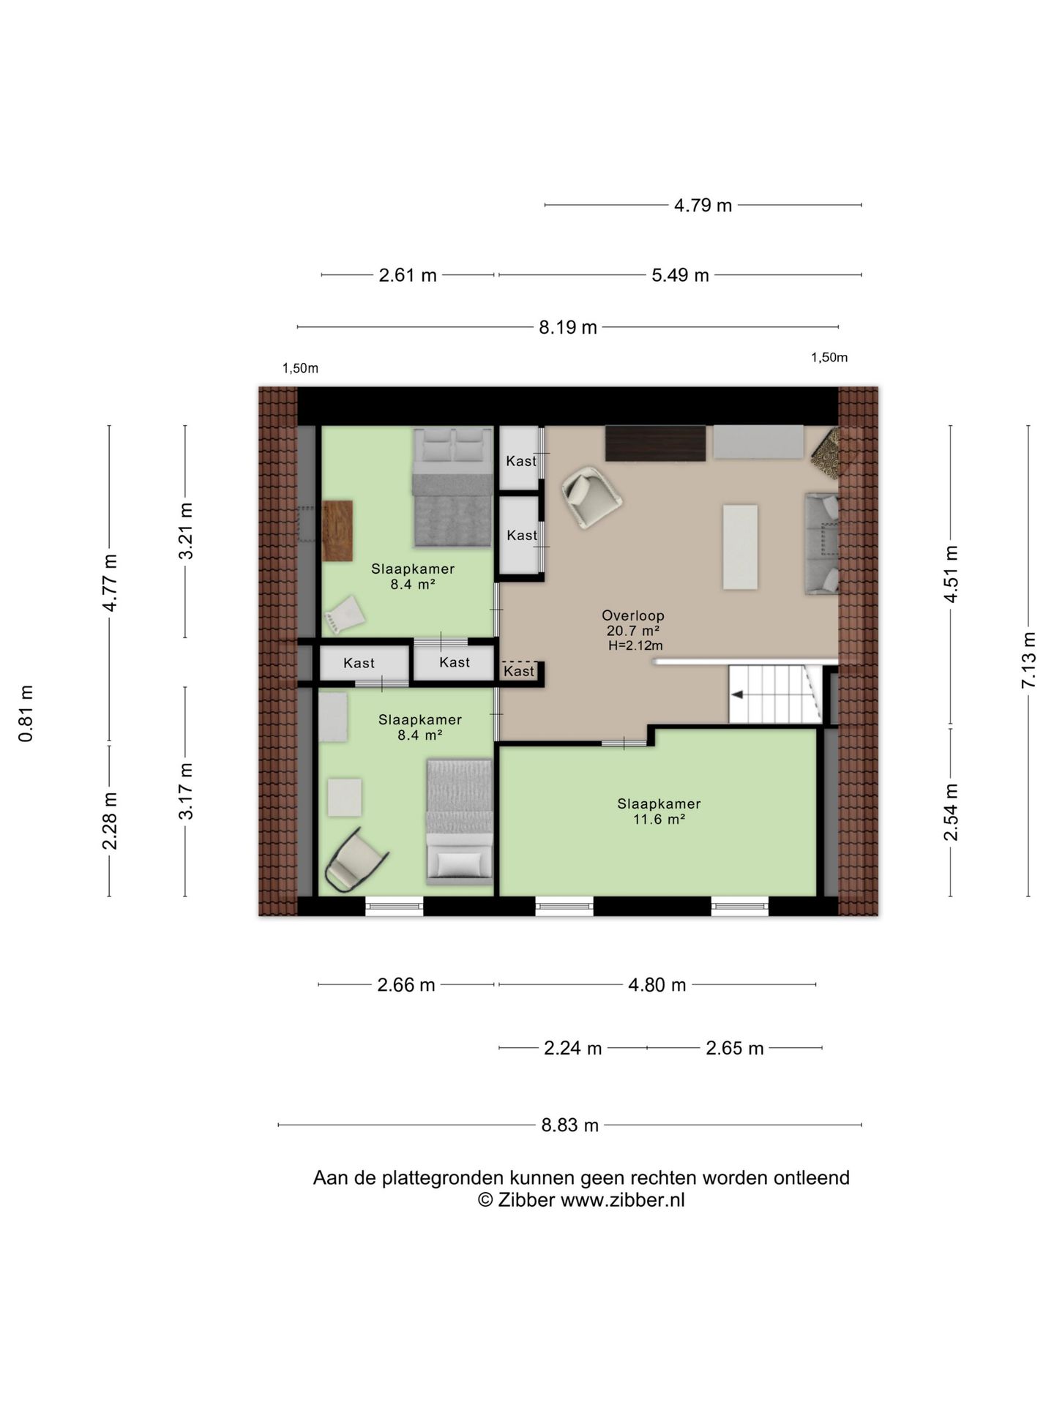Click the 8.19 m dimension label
click(568, 327)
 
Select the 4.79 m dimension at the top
click(703, 206)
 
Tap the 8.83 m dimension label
click(569, 1125)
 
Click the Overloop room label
click(633, 615)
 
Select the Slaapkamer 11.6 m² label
click(659, 811)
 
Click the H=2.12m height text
click(635, 645)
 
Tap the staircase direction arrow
click(738, 694)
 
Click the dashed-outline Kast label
click(519, 671)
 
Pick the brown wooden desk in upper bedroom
click(337, 531)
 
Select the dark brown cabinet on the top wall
click(655, 443)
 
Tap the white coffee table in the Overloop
click(740, 547)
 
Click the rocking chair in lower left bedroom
click(354, 861)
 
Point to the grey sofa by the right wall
click(822, 544)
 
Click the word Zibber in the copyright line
click(526, 1200)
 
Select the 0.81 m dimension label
click(26, 713)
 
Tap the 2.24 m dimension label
click(572, 1048)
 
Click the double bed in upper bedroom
click(452, 487)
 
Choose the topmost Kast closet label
click(521, 461)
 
